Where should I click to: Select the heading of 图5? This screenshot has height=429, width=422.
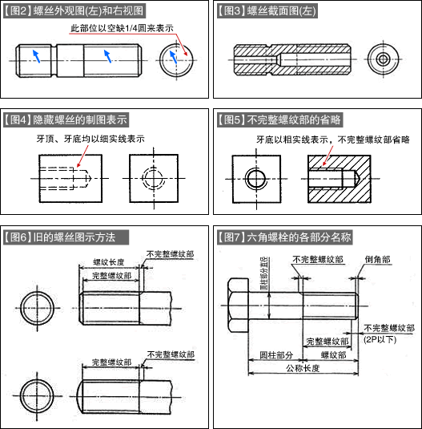(281, 120)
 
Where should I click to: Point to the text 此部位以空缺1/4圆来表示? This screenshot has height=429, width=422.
(123, 29)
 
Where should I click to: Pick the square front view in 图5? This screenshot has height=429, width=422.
(255, 176)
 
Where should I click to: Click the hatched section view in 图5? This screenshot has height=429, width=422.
(338, 177)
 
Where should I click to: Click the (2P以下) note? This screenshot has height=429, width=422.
(380, 339)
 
